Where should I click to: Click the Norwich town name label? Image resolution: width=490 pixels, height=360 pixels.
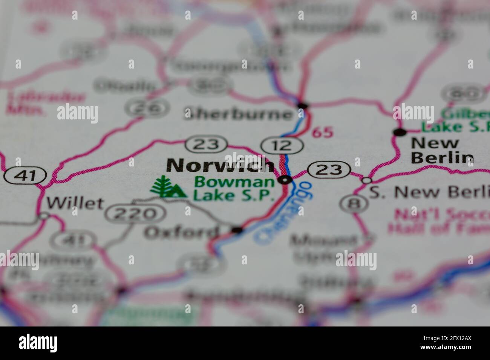pyautogui.click(x=220, y=165)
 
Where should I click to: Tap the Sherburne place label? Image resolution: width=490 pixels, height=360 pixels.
pyautogui.click(x=238, y=114)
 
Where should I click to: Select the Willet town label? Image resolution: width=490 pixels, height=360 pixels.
pyautogui.click(x=75, y=203)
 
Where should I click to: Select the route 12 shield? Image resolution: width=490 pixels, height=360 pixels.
pyautogui.click(x=283, y=145)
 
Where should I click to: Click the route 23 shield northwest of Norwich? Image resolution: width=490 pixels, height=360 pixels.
pyautogui.click(x=207, y=144)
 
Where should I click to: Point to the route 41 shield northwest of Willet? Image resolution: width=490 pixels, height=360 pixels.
pyautogui.click(x=25, y=175)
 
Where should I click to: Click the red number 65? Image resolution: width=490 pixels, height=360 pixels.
pyautogui.click(x=323, y=132)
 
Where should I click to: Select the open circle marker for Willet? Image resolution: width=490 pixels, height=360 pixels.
pyautogui.click(x=44, y=216)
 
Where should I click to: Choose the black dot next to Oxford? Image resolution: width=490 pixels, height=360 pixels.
pyautogui.click(x=237, y=230)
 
